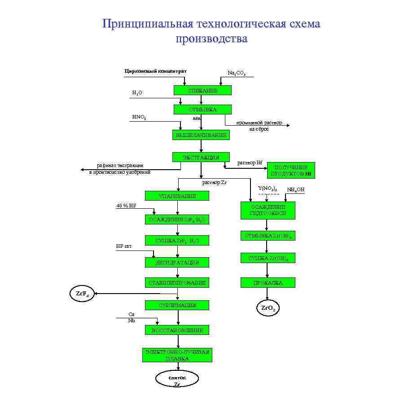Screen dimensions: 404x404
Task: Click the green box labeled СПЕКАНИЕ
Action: coord(202,91)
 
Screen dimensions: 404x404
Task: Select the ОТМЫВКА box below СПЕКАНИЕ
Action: coord(202,110)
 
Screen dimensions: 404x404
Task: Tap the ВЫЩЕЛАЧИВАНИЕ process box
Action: coord(200,135)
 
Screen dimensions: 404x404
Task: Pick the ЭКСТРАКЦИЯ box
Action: coord(201,157)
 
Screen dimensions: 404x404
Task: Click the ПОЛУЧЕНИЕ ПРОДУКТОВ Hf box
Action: coord(291,170)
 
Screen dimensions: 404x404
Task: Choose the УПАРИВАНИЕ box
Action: coord(177,196)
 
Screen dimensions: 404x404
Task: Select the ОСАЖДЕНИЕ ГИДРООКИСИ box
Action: coord(268,210)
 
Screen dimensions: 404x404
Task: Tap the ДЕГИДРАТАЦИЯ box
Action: coord(177,262)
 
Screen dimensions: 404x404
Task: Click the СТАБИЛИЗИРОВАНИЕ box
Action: coord(177,283)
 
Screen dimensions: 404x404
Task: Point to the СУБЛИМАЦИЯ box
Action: coord(177,305)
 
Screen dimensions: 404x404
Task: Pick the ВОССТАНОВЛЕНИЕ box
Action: coord(177,330)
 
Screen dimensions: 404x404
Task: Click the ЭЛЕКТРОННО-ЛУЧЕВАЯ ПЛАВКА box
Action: coord(177,355)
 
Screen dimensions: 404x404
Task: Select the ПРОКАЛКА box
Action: coord(268,283)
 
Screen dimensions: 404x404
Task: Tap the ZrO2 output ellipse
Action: coord(268,308)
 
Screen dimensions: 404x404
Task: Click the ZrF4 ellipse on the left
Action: coord(81,294)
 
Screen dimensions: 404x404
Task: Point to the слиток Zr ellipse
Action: coord(177,380)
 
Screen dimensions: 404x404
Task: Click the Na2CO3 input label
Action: coord(237,73)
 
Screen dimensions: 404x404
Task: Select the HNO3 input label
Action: coord(139,117)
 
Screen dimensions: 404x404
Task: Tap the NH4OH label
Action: coord(296,190)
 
